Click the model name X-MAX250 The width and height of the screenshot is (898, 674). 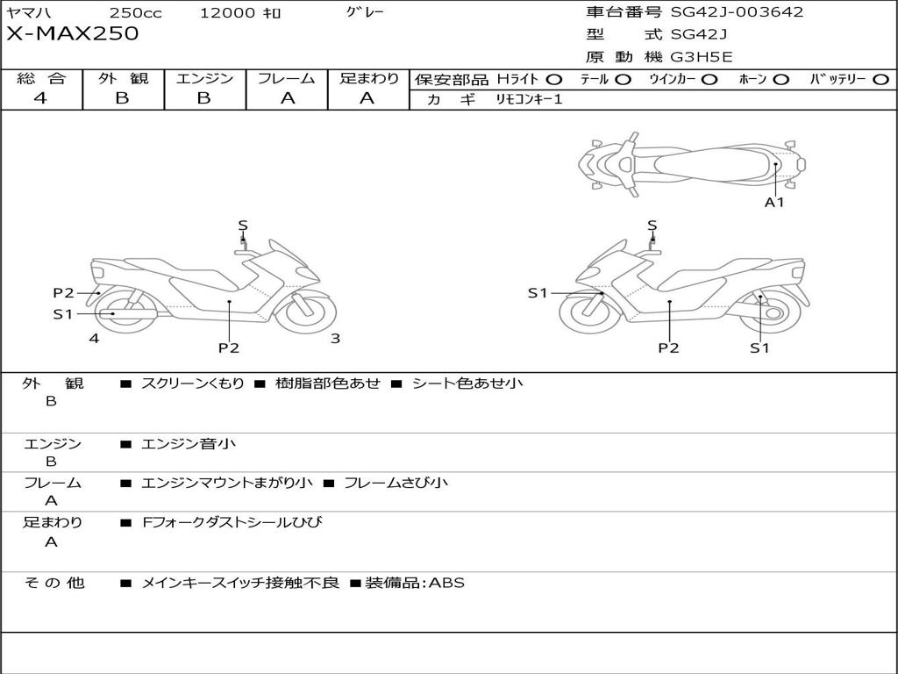point(73,34)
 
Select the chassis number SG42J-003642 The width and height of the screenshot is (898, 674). point(737,12)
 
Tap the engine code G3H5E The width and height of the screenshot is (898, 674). point(702,57)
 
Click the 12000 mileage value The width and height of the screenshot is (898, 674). point(228,13)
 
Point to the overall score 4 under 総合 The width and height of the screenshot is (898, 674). point(40,98)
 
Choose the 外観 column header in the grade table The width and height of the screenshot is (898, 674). point(123,78)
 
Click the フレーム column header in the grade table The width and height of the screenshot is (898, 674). point(287,78)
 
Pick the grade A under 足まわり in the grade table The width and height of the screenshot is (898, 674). point(367,98)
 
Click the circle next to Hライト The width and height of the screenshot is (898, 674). point(554,79)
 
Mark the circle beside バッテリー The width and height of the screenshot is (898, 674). point(880,79)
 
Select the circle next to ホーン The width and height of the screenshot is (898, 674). point(780,79)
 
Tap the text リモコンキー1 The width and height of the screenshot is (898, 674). point(529,99)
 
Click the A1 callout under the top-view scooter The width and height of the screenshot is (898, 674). point(774,203)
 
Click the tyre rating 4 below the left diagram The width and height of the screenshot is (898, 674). point(94,338)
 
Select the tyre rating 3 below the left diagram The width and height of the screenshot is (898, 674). point(335,338)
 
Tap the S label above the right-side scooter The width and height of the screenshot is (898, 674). point(652,226)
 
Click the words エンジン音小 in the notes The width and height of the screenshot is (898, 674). point(188,444)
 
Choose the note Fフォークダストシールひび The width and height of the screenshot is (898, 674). point(232,522)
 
